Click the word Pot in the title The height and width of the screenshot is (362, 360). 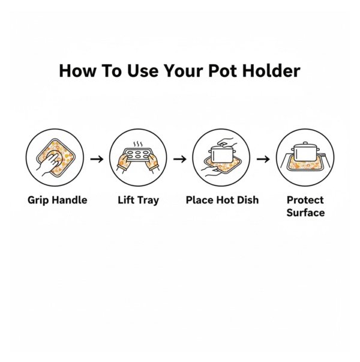(223, 71)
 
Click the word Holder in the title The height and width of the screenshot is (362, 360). (271, 71)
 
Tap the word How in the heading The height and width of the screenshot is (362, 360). (78, 71)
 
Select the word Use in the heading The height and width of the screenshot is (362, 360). (143, 71)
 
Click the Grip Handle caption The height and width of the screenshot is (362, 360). (58, 200)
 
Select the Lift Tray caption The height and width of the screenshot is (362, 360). (139, 200)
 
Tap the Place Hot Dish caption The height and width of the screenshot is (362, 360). (222, 200)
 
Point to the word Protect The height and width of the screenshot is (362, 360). (305, 200)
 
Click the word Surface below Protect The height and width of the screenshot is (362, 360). (305, 213)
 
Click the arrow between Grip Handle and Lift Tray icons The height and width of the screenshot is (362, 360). (97, 159)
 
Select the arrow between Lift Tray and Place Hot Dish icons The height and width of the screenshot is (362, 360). (180, 159)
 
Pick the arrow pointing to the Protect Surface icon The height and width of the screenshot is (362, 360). (263, 159)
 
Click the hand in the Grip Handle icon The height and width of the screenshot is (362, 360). (49, 163)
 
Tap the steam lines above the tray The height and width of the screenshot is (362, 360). (138, 144)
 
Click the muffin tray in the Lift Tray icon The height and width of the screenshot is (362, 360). (137, 154)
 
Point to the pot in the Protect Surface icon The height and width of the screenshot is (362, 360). (305, 152)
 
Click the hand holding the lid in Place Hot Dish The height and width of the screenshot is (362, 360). (227, 142)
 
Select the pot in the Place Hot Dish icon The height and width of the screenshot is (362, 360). (222, 154)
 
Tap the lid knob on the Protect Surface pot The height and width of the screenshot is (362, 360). (305, 143)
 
